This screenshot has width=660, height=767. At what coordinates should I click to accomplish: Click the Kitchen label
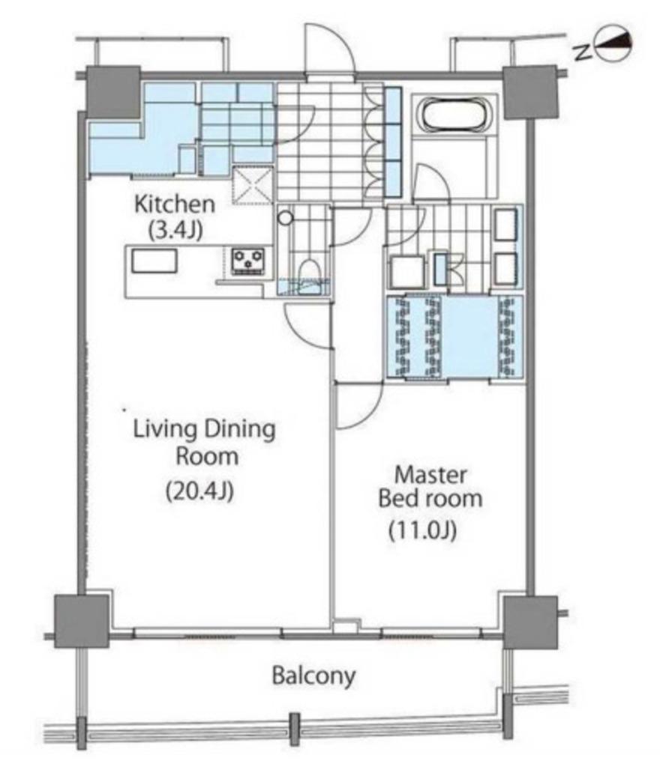(x=174, y=204)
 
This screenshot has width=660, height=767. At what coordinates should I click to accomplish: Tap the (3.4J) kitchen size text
(x=175, y=230)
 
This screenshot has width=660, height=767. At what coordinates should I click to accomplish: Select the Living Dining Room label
(x=205, y=443)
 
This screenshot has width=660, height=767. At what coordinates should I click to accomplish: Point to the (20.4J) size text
(x=199, y=491)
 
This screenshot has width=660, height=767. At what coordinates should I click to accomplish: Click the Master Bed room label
(x=430, y=487)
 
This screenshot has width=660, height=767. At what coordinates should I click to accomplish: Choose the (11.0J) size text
(x=422, y=530)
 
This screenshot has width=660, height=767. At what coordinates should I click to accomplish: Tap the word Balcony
(x=313, y=676)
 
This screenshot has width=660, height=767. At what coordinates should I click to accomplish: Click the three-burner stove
(x=247, y=261)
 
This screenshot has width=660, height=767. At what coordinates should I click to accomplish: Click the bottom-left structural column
(x=81, y=621)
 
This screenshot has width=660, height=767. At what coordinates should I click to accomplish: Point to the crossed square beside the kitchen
(x=253, y=184)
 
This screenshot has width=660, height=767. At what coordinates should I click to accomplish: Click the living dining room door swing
(x=308, y=324)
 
